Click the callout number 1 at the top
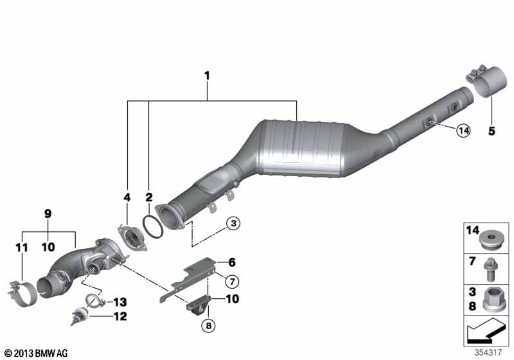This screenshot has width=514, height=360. pyautogui.click(x=208, y=76)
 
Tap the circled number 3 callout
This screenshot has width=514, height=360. pyautogui.click(x=233, y=223)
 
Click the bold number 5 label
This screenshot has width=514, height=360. pyautogui.click(x=491, y=132)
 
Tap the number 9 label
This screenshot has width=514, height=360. pyautogui.click(x=47, y=213)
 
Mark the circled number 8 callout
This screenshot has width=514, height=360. pyautogui.click(x=206, y=326)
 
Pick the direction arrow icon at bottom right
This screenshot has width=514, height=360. pyautogui.click(x=486, y=333)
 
